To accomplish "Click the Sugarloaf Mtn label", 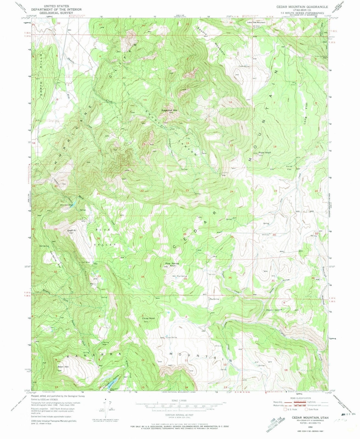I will pyautogui.click(x=170, y=110).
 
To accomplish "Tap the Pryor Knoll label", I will pyautogui.click(x=264, y=153).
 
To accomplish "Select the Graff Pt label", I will pyautogui.click(x=71, y=230).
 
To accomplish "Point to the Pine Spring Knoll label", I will pyautogui.click(x=172, y=265).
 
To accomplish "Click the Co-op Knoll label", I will pyautogui.click(x=148, y=318).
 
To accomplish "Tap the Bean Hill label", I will pyautogui.click(x=63, y=367).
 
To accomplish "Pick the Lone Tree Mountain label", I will pyautogui.click(x=256, y=22).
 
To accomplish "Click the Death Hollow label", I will pyautogui.click(x=274, y=310).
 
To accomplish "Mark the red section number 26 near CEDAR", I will pyautogui.click(x=185, y=234).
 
